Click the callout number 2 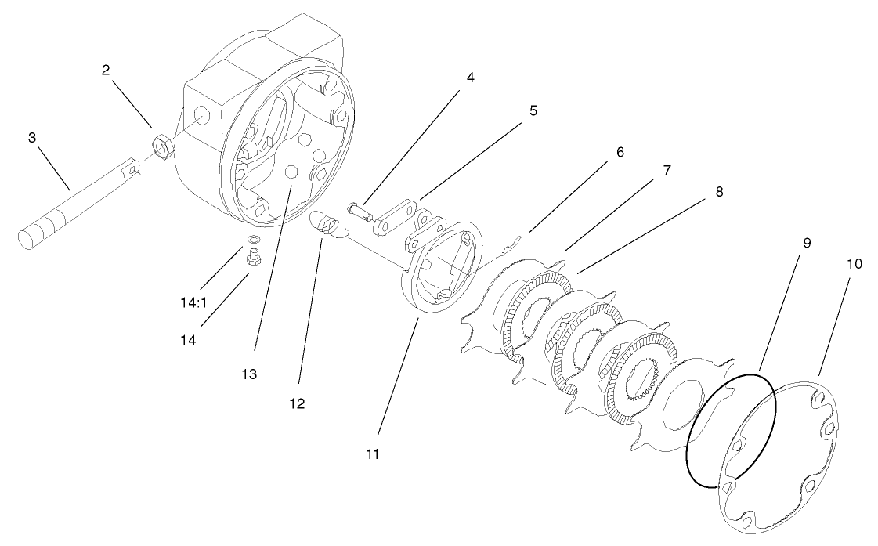click(106, 70)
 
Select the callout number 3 click(32, 138)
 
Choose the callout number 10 click(854, 264)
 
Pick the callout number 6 click(620, 152)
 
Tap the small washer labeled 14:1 click(254, 239)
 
